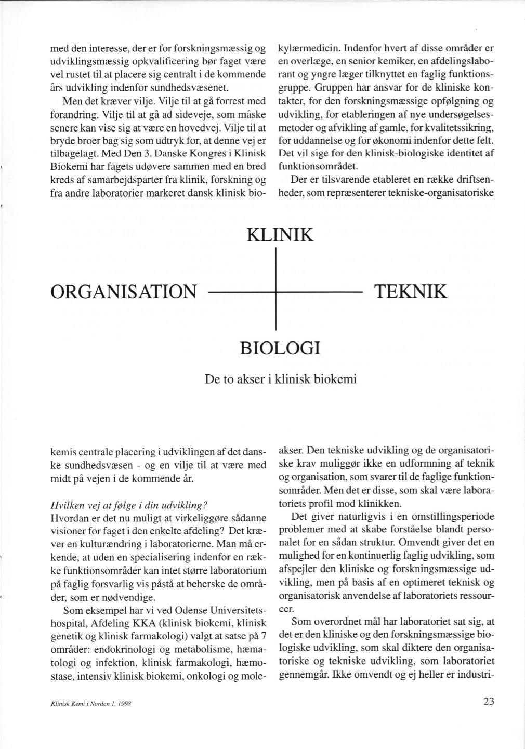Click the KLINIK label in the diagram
(280, 234)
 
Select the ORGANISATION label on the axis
(124, 292)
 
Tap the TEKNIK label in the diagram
(410, 291)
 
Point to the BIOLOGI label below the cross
(280, 347)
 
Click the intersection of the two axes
(274, 293)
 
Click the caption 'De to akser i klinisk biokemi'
(281, 379)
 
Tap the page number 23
(488, 701)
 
